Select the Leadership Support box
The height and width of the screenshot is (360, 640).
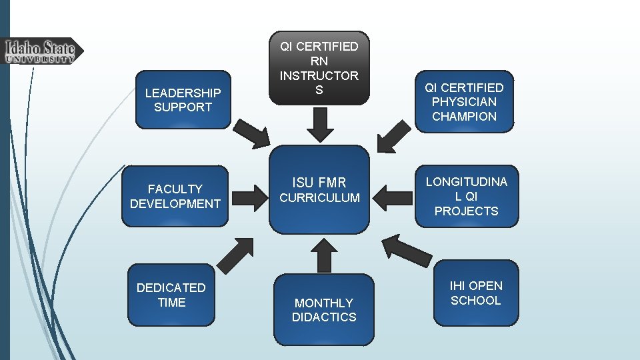183,99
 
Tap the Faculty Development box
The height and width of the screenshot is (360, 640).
175,197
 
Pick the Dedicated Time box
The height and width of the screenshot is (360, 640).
171,295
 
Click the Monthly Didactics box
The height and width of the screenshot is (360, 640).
324,309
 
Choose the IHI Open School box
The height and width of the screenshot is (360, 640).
475,293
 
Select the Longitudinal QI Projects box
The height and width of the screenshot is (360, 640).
466,196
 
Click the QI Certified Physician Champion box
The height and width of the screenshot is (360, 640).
465,101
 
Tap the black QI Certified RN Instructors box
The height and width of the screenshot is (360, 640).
319,67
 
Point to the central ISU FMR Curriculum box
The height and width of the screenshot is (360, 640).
319,189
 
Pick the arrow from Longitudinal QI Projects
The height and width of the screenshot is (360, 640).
394,197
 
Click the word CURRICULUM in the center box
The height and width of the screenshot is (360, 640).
319,198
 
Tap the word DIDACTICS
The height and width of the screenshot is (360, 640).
324,317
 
